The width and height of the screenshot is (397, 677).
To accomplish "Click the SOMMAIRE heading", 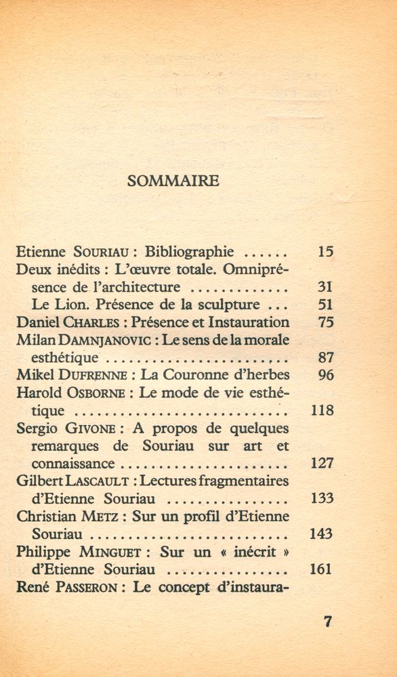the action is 173,180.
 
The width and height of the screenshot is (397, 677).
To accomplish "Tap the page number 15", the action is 325,252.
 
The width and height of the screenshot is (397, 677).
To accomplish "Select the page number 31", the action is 325,287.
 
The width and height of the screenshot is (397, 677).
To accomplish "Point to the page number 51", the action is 325,305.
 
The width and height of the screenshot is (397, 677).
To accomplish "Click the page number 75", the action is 325,322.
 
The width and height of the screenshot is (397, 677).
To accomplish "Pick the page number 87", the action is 325,357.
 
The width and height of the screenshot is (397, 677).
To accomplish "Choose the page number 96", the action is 325,375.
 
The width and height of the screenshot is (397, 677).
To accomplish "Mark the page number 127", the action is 321,463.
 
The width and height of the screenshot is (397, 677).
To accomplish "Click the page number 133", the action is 321,498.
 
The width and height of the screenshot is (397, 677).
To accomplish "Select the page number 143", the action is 321,533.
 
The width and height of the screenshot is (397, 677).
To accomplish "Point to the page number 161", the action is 321,569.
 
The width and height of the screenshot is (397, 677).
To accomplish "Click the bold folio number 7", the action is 328,621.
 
